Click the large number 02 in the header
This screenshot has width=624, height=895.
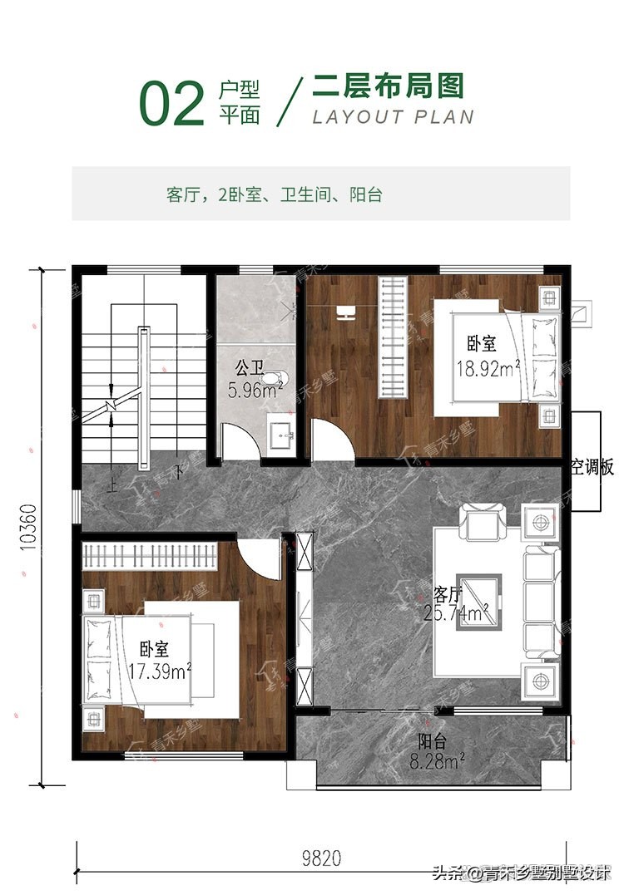171,105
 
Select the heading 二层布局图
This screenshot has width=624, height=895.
387,86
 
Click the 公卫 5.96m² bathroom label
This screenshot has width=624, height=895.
255,378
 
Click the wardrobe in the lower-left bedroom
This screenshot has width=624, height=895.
151,556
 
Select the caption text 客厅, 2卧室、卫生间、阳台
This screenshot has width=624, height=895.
274,194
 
